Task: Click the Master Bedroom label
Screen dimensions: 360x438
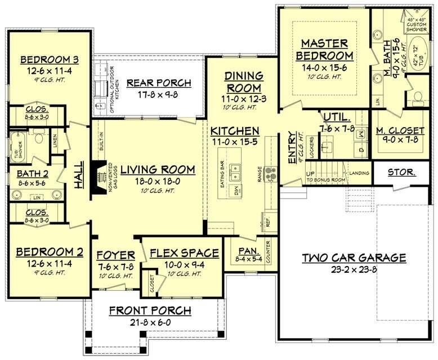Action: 327,49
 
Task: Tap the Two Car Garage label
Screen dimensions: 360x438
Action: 354,258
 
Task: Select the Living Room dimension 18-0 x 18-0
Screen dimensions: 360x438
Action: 157,182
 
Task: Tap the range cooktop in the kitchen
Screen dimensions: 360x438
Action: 270,171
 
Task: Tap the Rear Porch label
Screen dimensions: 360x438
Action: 158,83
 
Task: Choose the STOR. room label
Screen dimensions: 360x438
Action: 401,172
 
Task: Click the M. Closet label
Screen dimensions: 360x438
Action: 400,131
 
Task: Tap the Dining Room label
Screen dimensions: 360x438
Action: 244,82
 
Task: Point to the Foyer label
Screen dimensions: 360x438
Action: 115,253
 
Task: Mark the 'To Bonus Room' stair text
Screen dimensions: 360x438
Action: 326,180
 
